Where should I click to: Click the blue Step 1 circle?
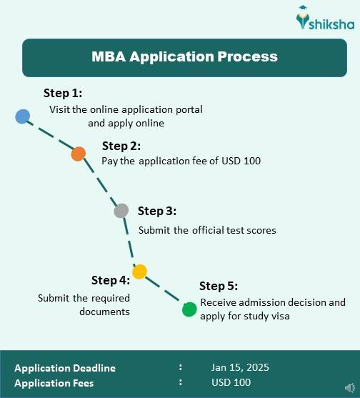23,116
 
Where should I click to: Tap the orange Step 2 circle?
79,153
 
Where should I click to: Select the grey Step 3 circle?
121,211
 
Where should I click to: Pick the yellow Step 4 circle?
139,272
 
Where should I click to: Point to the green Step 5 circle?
189,309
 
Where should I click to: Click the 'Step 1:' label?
63,93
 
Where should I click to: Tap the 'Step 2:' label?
121,146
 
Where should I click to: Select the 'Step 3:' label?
157,211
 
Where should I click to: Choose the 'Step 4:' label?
111,279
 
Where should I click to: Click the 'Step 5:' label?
219,286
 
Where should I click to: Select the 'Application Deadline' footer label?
65,368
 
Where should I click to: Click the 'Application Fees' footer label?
54,383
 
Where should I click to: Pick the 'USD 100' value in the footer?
231,383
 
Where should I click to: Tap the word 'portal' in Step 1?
189,110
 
